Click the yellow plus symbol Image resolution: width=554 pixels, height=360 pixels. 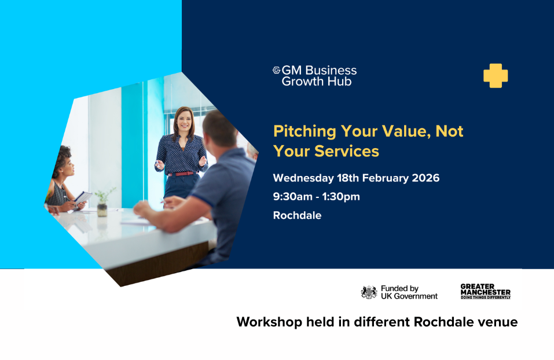tap(496, 76)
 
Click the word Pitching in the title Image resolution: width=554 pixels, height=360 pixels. tap(303, 131)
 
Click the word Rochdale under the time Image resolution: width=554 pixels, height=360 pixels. tap(297, 215)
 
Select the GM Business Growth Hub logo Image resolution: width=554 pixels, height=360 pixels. tap(315, 76)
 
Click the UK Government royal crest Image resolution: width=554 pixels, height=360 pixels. tap(369, 292)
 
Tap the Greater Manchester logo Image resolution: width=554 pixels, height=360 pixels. tap(485, 291)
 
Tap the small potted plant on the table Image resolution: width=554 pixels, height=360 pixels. tap(102, 203)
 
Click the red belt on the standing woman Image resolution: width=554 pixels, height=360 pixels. tap(181, 173)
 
